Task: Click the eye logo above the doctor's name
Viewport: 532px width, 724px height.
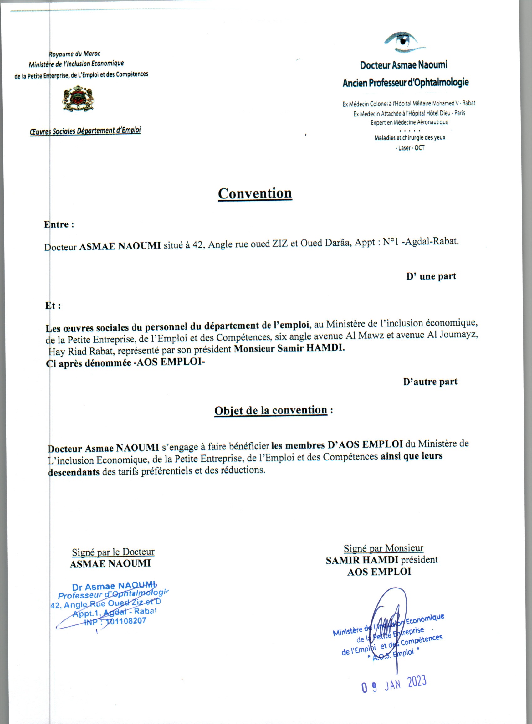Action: (x=404, y=42)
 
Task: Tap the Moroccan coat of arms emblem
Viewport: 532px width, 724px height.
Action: (x=78, y=99)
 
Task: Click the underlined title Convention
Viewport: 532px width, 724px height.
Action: (x=255, y=193)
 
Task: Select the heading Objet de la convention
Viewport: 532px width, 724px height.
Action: (x=271, y=410)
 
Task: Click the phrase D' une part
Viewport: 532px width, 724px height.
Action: (x=431, y=276)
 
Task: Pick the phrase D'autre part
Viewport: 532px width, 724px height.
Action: (x=430, y=382)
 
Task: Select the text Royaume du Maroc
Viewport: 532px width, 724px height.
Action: (x=75, y=54)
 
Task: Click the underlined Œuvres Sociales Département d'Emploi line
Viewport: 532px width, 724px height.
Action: (x=85, y=131)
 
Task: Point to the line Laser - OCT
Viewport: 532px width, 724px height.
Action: (x=410, y=148)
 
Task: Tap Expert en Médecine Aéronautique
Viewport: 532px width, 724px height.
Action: (x=409, y=122)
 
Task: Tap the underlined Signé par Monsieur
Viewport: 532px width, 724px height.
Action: (x=383, y=548)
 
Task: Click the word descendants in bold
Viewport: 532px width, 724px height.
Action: (x=74, y=472)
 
